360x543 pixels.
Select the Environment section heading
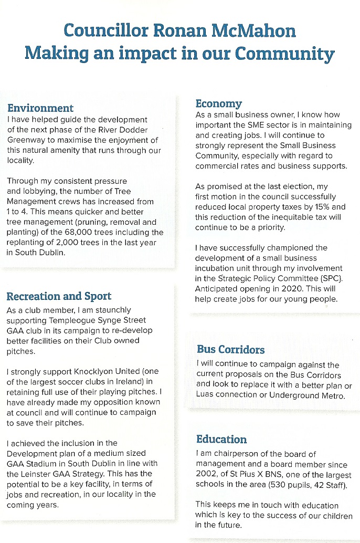[x=40, y=108]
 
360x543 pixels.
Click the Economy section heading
[x=218, y=103]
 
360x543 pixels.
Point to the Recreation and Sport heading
[x=59, y=296]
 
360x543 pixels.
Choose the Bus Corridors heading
[x=230, y=349]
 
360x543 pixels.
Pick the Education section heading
[x=221, y=439]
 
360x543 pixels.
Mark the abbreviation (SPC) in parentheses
[x=327, y=278]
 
